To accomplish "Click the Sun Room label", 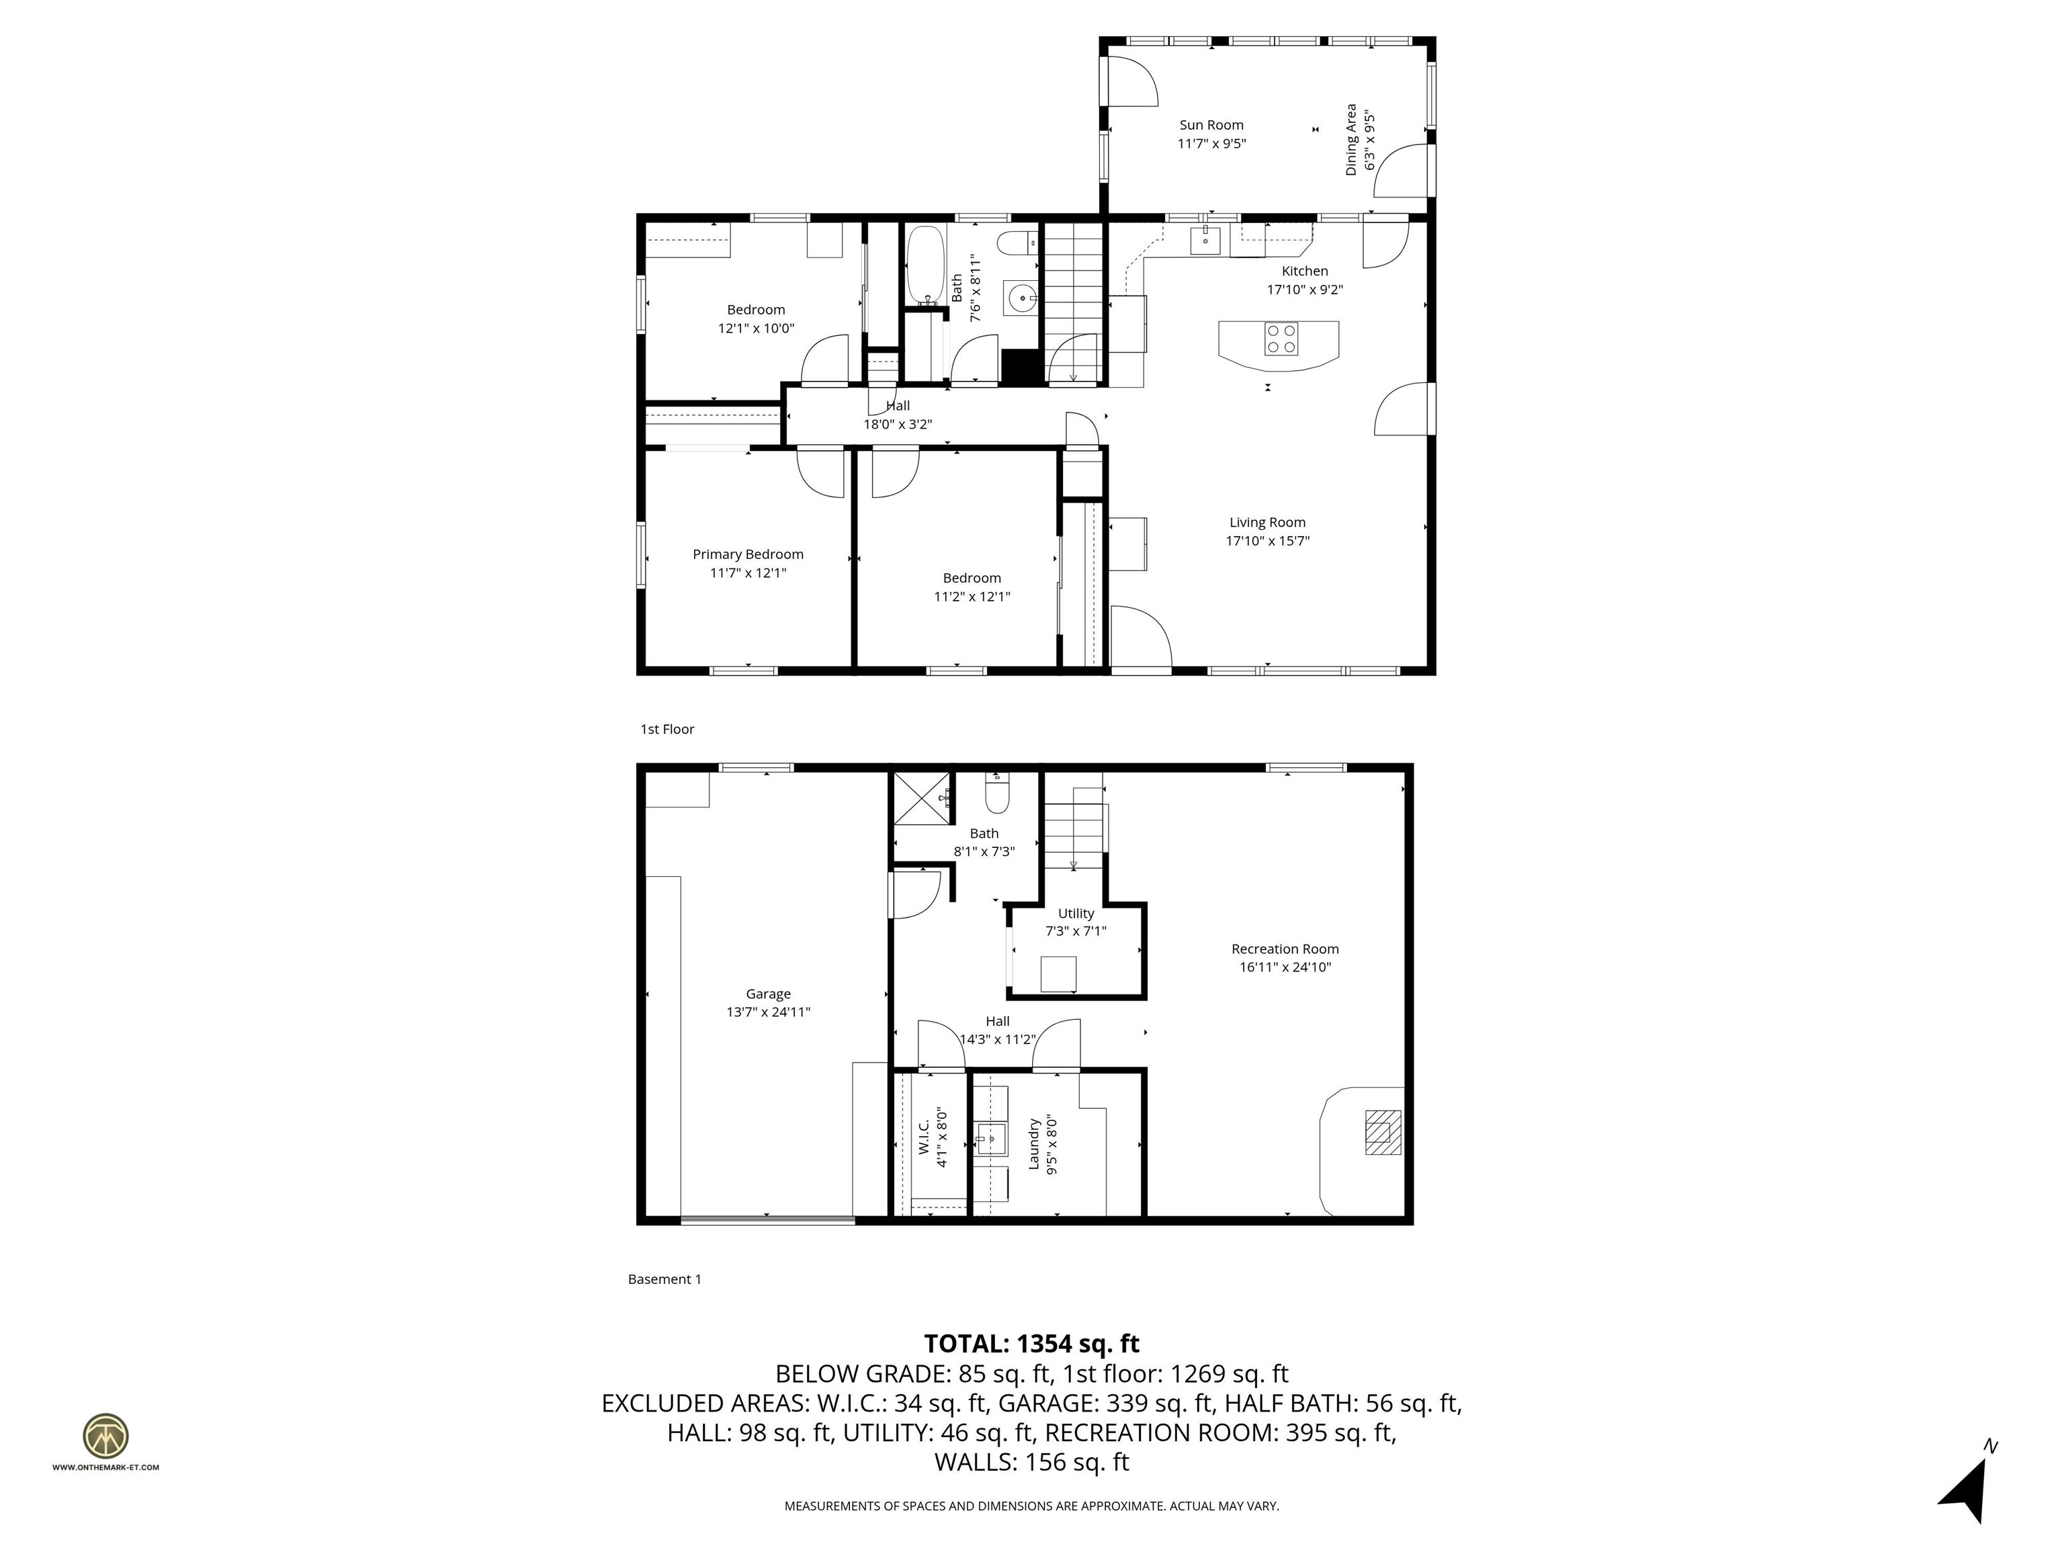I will pyautogui.click(x=1211, y=125).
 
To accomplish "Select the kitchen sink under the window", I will pyautogui.click(x=1205, y=240).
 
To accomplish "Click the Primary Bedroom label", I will pyautogui.click(x=747, y=554).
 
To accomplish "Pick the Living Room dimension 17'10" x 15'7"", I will pyautogui.click(x=1267, y=541).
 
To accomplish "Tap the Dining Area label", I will pyautogui.click(x=1351, y=140).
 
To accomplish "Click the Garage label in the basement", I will pyautogui.click(x=768, y=994).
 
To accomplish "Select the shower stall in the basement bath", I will pyautogui.click(x=922, y=798).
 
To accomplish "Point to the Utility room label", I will pyautogui.click(x=1076, y=914).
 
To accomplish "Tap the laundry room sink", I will pyautogui.click(x=991, y=1138).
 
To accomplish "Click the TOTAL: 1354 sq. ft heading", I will pyautogui.click(x=1031, y=1344).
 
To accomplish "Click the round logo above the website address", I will pyautogui.click(x=105, y=1436).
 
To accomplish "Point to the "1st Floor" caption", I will pyautogui.click(x=667, y=730).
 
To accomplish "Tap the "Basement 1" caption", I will pyautogui.click(x=664, y=1279).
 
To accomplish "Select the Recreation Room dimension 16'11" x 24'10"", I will pyautogui.click(x=1285, y=967).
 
